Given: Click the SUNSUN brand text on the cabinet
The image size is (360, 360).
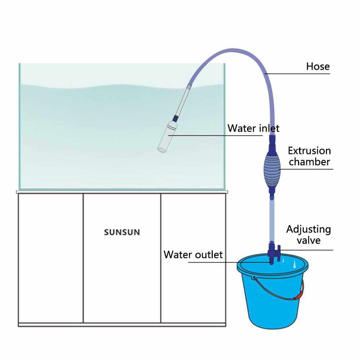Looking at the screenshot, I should click(x=122, y=232).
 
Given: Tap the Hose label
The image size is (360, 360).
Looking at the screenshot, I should click(x=318, y=66).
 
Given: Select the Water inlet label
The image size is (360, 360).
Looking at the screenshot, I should click(x=253, y=128).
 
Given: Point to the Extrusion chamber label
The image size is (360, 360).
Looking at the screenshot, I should click(x=309, y=156).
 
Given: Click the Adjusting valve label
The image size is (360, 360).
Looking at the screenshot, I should click(x=308, y=234).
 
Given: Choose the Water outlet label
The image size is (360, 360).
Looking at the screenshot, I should click(x=193, y=255).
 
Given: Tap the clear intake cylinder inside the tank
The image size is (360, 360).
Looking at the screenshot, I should click(x=166, y=137).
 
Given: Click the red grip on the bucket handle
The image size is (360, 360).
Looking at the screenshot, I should click(x=298, y=296).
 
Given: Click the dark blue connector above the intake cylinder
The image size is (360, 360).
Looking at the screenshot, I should click(x=175, y=117).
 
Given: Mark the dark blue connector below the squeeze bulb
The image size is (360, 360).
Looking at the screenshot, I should click(x=271, y=195).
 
